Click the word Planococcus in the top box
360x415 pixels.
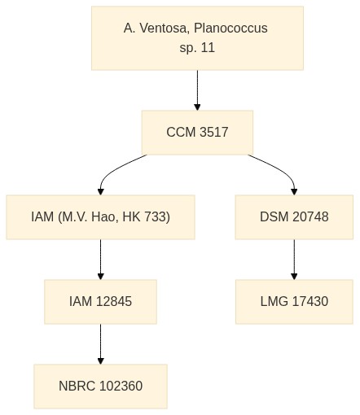click(x=230, y=28)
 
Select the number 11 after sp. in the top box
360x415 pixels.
click(x=208, y=48)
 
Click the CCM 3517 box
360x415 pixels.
click(x=197, y=133)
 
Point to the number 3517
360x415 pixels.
click(x=213, y=133)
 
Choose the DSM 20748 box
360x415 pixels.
click(x=294, y=217)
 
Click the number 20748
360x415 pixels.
click(x=310, y=217)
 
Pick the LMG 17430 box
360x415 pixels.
click(x=294, y=302)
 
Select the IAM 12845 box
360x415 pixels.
click(x=100, y=302)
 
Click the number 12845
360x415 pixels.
click(x=114, y=302)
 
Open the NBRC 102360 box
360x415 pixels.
click(x=100, y=387)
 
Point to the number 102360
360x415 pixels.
click(x=121, y=387)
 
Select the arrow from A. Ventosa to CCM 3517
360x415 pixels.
click(x=197, y=90)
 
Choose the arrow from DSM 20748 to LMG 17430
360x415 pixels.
click(x=294, y=260)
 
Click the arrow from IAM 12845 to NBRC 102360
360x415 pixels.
click(x=100, y=344)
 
